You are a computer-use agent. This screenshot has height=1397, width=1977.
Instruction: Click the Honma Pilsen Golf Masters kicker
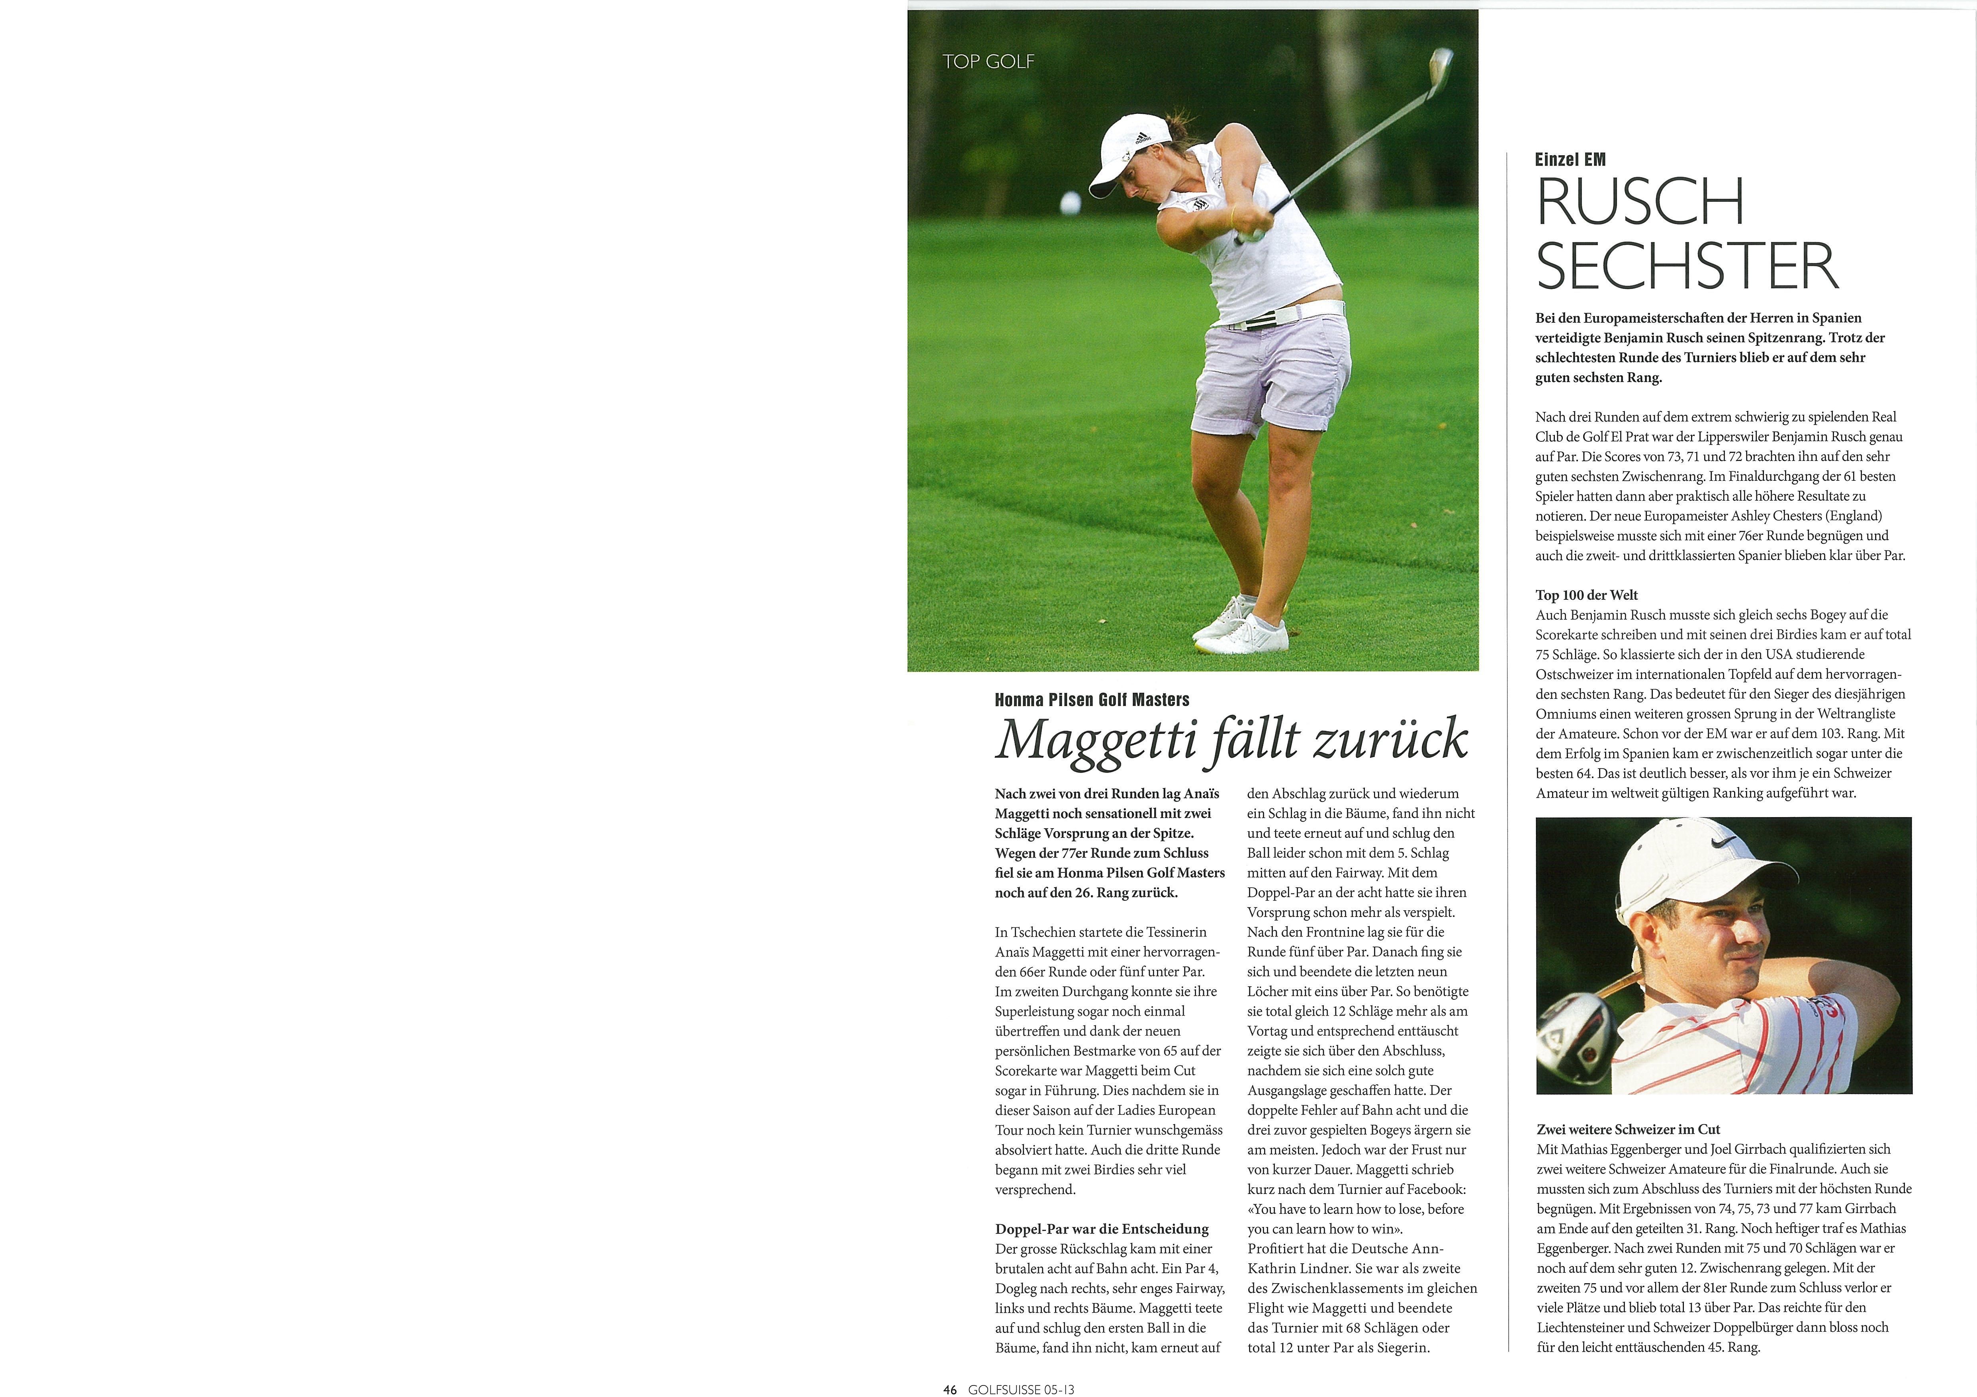coord(1092,700)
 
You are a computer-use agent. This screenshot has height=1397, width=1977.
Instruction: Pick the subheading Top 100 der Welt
coord(1586,595)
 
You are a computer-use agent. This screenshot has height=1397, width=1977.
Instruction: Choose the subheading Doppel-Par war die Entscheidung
coord(1101,1228)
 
